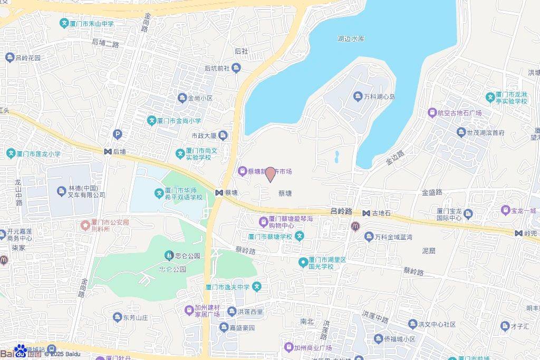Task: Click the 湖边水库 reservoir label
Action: click(x=351, y=38)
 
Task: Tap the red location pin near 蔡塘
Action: click(x=270, y=174)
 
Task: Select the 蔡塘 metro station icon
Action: click(x=219, y=193)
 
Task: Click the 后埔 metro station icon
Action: click(x=108, y=151)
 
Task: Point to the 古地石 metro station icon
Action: click(x=366, y=213)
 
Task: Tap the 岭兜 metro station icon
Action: click(x=519, y=233)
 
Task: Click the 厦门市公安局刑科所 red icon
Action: click(x=84, y=225)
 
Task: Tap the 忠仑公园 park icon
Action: click(x=168, y=256)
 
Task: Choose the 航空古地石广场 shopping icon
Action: click(x=432, y=112)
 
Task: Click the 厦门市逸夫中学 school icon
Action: click(x=256, y=287)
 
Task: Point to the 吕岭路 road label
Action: click(x=341, y=210)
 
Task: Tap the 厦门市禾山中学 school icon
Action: click(x=64, y=23)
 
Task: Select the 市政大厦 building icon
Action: click(x=223, y=136)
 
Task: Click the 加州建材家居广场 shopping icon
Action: click(x=189, y=310)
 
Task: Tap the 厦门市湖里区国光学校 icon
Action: click(x=303, y=262)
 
